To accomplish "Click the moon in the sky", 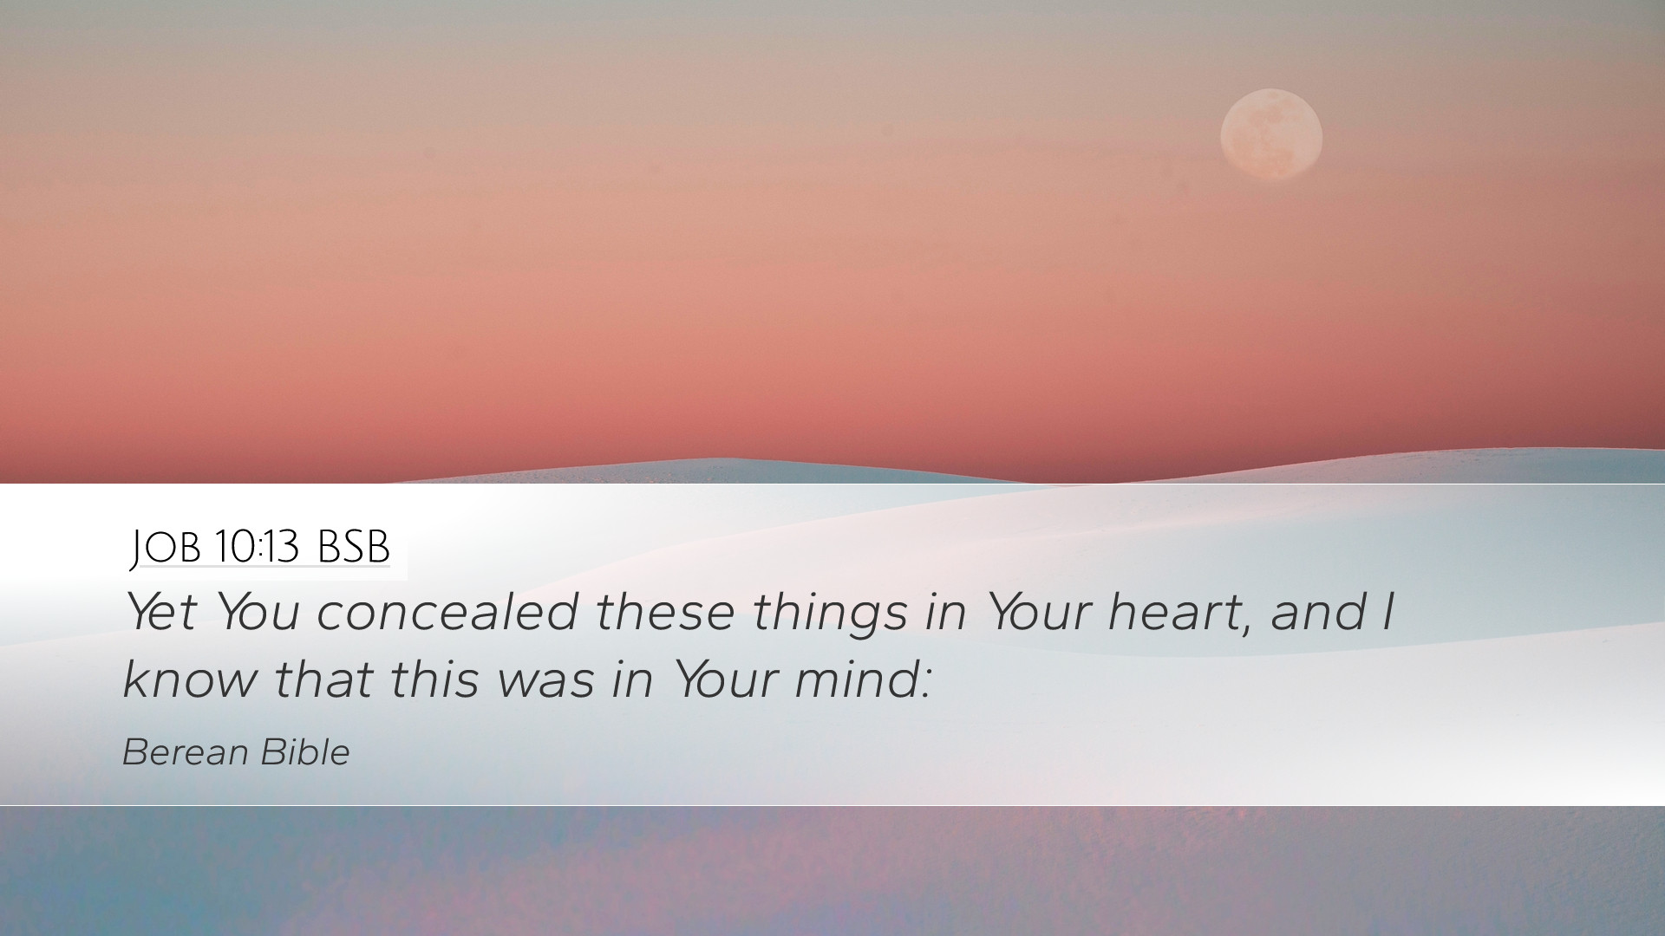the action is (1271, 135).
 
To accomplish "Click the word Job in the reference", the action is (166, 548).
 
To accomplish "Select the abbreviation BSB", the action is (354, 547).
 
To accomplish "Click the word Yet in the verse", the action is (160, 612).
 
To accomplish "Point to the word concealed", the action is (447, 612).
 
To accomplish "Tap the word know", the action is (190, 678).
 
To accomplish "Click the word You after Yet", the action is (258, 612).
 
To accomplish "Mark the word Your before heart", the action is (1040, 612).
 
